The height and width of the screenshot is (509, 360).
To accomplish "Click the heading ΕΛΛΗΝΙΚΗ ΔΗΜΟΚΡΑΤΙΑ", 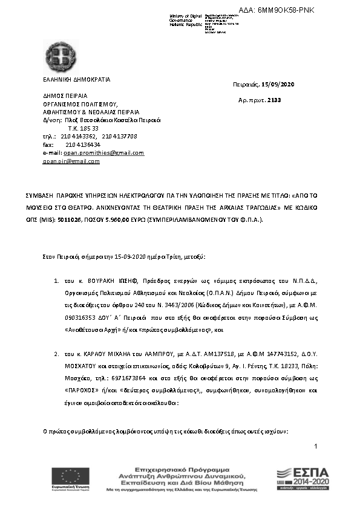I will pyautogui.click(x=76, y=79).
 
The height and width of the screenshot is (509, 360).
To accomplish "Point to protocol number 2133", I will pyautogui.click(x=274, y=100).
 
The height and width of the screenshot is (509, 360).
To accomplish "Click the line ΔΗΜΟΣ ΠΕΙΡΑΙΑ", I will pyautogui.click(x=65, y=96).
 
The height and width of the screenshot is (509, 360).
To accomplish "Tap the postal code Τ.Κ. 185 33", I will pyautogui.click(x=83, y=128).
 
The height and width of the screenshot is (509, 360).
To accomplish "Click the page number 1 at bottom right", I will pyautogui.click(x=316, y=446).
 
